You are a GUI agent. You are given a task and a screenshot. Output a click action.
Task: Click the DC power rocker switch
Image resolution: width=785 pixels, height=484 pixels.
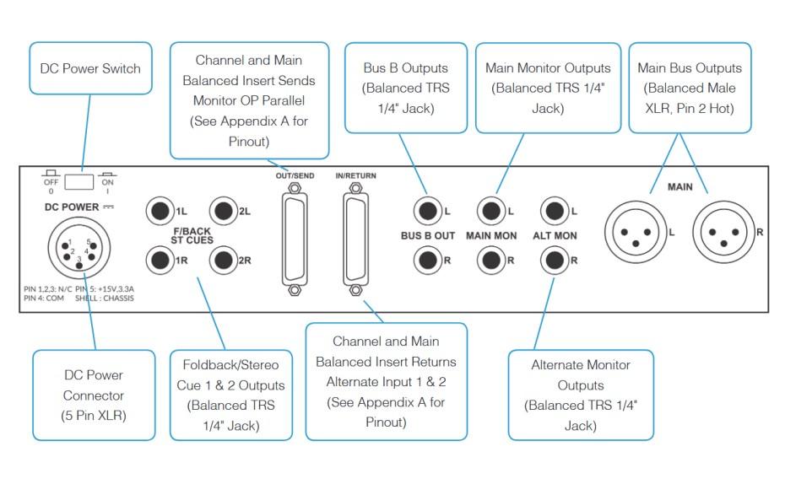[x=82, y=180]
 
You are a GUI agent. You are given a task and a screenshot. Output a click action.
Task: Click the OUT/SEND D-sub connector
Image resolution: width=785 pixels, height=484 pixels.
[x=295, y=239]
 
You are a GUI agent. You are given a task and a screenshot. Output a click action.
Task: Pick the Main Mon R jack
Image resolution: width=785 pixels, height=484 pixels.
[x=491, y=260]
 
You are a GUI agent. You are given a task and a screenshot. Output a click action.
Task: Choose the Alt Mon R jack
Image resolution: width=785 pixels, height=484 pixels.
[x=555, y=260]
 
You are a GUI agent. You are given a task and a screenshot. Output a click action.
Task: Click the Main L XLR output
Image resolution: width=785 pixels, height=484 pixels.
[x=636, y=230]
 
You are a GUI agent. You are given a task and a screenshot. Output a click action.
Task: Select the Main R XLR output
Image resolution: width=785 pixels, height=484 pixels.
[x=723, y=230]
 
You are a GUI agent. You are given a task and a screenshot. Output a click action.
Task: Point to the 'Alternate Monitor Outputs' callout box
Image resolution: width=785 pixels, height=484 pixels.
[x=581, y=395]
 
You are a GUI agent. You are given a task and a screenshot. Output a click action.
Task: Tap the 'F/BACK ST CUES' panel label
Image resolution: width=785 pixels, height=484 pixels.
[x=192, y=236]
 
